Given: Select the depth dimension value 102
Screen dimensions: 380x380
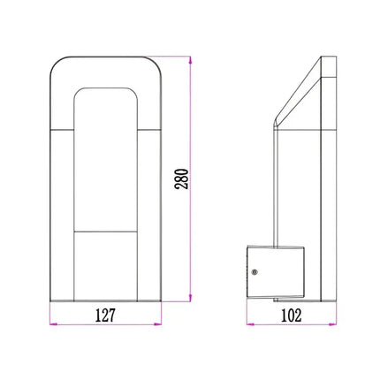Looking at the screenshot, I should click(291, 314).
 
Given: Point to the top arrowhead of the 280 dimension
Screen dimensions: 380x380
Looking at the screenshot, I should click(190, 60).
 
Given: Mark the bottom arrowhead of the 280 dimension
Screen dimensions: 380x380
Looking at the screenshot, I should click(190, 299).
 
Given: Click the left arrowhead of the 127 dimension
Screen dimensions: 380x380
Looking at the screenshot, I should click(51, 324).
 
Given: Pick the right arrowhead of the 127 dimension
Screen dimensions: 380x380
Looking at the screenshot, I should click(161, 324).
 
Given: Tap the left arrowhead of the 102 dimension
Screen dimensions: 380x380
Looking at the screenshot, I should click(247, 324).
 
